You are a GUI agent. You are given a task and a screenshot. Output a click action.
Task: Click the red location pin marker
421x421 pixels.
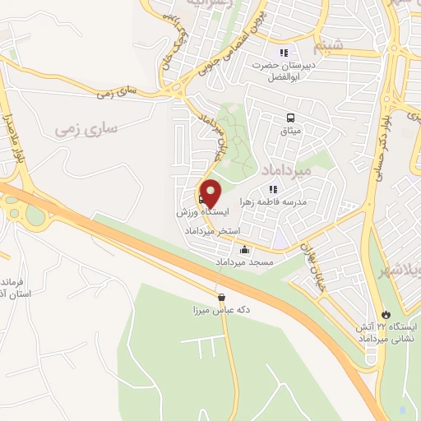210,194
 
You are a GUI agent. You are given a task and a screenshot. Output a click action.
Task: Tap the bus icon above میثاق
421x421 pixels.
289,118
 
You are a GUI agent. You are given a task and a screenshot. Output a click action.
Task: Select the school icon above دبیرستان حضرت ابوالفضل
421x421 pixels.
285,52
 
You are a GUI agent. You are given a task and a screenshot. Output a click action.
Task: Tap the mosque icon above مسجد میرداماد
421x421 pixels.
243,250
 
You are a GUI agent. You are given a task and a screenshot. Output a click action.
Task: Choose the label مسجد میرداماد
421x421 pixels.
243,262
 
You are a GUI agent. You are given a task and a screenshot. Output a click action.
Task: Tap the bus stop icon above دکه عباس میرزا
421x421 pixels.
220,297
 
